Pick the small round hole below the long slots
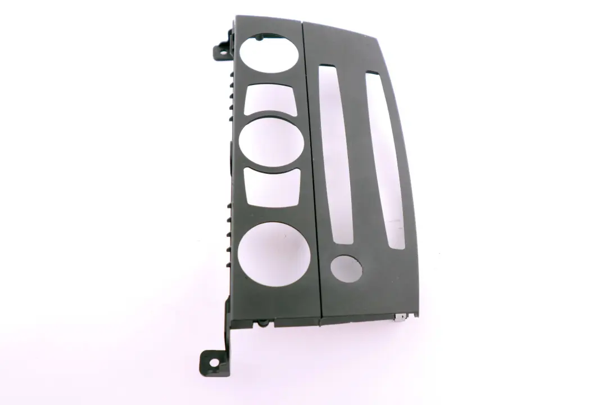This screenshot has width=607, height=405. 346,268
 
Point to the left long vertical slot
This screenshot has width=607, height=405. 336,155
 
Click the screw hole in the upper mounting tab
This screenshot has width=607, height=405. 219,51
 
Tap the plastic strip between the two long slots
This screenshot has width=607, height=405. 360,157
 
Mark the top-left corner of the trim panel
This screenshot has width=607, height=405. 237,17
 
